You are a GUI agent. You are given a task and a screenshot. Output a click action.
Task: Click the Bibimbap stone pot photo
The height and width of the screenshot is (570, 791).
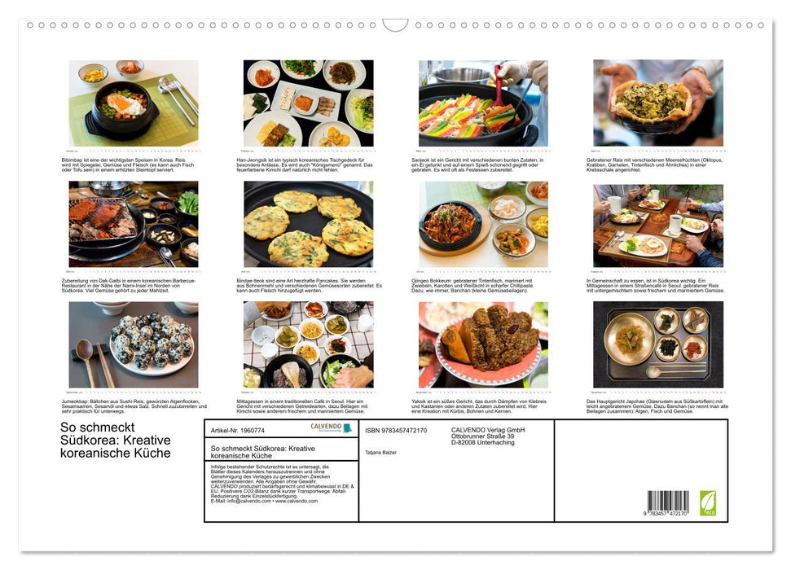pyautogui.click(x=134, y=103)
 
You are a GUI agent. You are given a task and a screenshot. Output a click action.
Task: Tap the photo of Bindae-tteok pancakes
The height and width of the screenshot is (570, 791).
pyautogui.click(x=308, y=224)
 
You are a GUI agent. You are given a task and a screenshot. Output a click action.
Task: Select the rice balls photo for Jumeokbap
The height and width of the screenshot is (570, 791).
pyautogui.click(x=134, y=344)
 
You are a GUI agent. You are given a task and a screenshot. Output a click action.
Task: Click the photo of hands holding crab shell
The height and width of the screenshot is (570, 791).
pyautogui.click(x=657, y=103)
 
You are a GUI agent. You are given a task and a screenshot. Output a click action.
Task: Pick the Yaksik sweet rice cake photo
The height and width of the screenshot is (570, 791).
pyautogui.click(x=483, y=344)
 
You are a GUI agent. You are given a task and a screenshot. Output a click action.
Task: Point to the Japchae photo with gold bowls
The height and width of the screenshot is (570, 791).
pyautogui.click(x=657, y=344)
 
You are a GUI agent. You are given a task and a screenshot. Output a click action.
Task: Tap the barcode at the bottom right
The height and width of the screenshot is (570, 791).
pyautogui.click(x=668, y=501)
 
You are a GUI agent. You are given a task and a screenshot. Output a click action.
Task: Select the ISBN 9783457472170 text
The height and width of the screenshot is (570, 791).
pyautogui.click(x=396, y=431)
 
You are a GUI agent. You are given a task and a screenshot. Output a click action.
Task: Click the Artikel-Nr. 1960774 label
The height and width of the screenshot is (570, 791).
pyautogui.click(x=237, y=430)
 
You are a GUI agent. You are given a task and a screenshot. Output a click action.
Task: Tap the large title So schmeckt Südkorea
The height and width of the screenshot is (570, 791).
pyautogui.click(x=116, y=440)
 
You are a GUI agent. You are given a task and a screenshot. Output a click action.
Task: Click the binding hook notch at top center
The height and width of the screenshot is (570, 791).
pyautogui.click(x=395, y=25)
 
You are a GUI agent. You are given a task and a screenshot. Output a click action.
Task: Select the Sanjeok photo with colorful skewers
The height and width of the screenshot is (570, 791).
pyautogui.click(x=483, y=103)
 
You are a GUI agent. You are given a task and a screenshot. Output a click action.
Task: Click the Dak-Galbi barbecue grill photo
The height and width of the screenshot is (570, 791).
pyautogui.click(x=134, y=224)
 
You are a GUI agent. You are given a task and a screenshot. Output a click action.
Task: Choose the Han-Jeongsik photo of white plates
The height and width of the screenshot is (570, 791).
pyautogui.click(x=308, y=103)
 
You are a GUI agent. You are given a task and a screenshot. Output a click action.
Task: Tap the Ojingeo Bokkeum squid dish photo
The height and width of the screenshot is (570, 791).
pyautogui.click(x=483, y=224)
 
